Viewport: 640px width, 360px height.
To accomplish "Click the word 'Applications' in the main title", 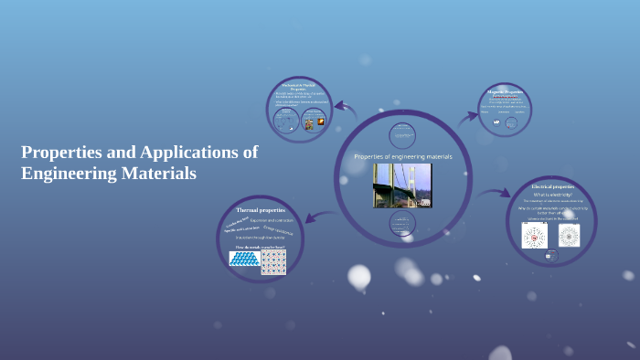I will click(201, 152).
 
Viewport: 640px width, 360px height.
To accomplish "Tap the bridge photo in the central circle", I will click(401, 185).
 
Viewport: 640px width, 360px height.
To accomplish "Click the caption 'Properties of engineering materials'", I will click(403, 157).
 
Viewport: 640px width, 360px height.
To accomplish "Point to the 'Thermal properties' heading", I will click(261, 210).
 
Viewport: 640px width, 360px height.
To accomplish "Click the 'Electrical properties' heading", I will click(551, 186).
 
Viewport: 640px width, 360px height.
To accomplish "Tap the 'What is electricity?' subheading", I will click(552, 195).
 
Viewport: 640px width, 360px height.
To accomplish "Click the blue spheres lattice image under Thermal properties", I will click(244, 259).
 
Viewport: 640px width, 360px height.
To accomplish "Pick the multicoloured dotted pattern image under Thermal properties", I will click(273, 262).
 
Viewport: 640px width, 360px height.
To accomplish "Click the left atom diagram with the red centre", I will click(534, 236).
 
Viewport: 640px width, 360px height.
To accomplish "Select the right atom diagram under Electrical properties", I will click(569, 236).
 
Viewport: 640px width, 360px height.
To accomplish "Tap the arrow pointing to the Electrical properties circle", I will click(495, 193).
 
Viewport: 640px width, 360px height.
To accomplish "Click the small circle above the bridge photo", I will click(402, 134).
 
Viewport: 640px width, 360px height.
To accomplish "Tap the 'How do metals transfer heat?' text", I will click(260, 247).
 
